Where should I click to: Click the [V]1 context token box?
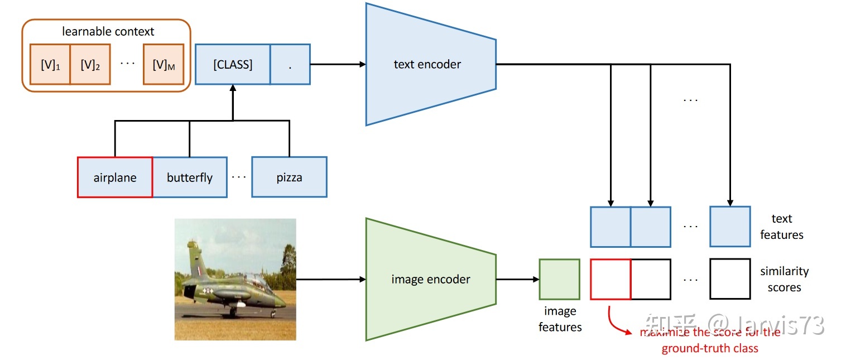50,65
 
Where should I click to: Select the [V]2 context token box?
90,65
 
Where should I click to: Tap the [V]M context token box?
164,65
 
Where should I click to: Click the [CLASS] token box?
233,65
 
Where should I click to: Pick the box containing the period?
290,65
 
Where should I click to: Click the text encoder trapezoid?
427,64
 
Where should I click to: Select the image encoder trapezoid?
430,279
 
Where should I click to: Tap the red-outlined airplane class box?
115,177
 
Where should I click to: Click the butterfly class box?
190,177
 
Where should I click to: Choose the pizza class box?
289,177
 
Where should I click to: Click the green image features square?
559,279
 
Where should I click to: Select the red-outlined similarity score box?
611,279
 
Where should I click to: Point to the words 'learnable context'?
108,32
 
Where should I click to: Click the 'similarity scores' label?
784,279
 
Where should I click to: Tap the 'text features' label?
781,227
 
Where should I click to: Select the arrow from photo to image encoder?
329,280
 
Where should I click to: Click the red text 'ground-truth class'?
710,349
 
